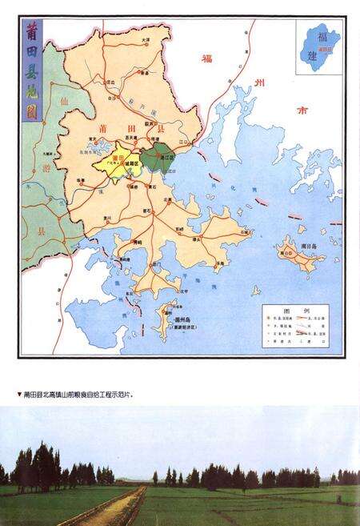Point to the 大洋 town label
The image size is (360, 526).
coord(146,40)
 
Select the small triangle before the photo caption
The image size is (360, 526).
coord(19,395)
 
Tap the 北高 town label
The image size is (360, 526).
coord(168,199)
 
